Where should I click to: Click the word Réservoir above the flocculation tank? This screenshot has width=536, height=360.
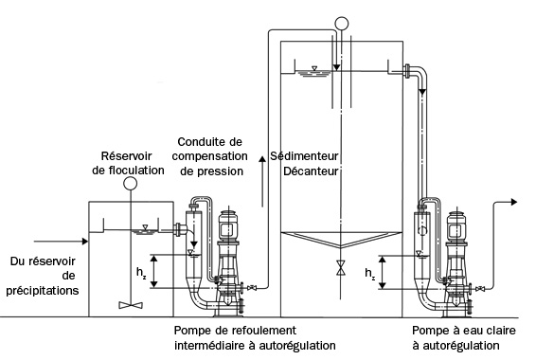click(127, 156)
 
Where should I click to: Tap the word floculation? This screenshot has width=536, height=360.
click(136, 171)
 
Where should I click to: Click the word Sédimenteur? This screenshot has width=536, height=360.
click(304, 156)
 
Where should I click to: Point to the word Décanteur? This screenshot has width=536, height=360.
click(311, 171)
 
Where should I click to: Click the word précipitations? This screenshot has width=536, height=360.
click(43, 291)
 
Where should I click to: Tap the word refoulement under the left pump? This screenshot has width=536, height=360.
click(264, 331)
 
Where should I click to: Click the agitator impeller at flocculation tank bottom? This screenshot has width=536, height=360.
click(131, 305)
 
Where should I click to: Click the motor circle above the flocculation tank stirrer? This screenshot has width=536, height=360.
click(131, 184)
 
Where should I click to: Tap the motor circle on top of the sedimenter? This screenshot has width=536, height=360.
click(342, 24)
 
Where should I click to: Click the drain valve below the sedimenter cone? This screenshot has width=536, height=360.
click(340, 267)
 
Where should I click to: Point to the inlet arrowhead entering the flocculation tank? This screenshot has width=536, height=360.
click(85, 242)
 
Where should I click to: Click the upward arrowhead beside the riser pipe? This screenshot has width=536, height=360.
click(262, 160)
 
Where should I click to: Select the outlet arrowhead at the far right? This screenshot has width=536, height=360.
click(514, 202)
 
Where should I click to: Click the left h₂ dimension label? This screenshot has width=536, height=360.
click(141, 273)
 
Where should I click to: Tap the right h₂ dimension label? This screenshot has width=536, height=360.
click(370, 273)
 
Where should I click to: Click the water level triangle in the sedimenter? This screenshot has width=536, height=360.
click(314, 68)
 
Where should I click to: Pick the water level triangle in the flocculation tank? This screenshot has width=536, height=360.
click(145, 227)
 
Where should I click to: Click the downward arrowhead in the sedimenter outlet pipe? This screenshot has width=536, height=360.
click(422, 92)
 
